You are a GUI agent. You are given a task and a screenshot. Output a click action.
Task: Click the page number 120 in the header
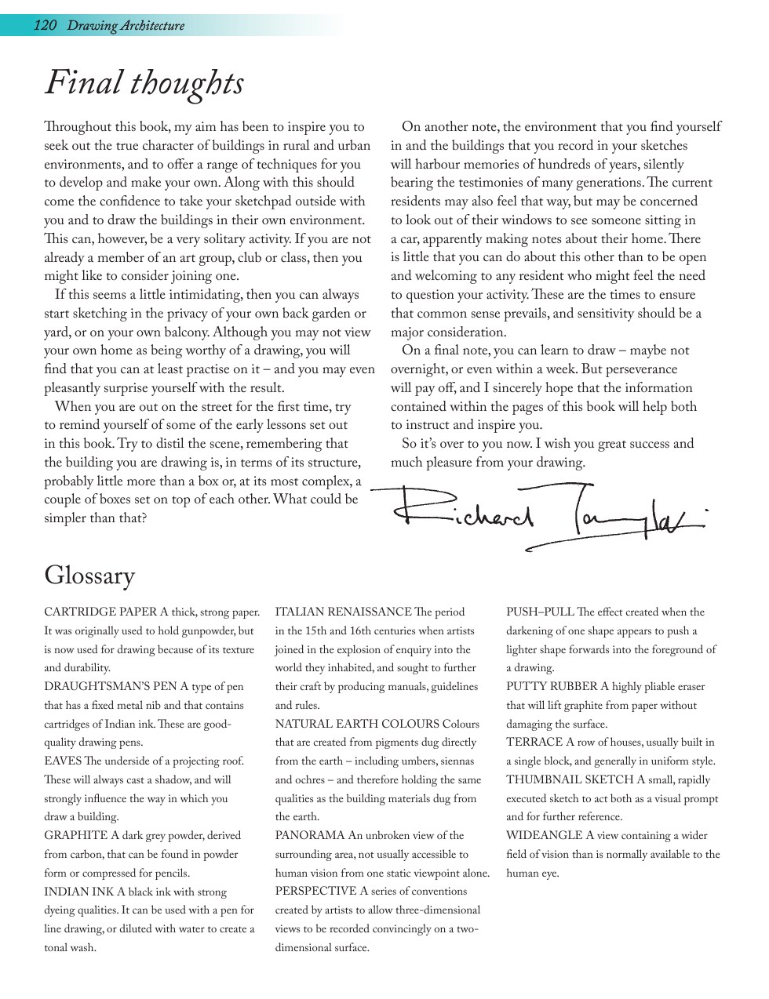pyautogui.click(x=45, y=25)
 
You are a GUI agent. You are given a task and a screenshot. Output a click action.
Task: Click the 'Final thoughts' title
pyautogui.click(x=144, y=83)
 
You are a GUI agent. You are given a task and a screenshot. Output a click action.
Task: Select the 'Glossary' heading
pyautogui.click(x=89, y=576)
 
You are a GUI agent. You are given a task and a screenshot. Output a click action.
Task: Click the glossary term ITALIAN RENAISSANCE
pyautogui.click(x=343, y=612)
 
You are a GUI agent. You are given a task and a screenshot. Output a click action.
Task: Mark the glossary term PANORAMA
pyautogui.click(x=310, y=836)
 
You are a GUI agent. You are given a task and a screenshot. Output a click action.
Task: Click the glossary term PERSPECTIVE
pyautogui.click(x=315, y=892)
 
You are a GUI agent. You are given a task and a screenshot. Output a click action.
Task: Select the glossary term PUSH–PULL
pyautogui.click(x=540, y=612)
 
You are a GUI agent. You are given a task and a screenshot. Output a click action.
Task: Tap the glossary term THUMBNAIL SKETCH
pyautogui.click(x=569, y=780)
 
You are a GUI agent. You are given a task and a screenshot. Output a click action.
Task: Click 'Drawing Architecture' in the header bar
pyautogui.click(x=126, y=25)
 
